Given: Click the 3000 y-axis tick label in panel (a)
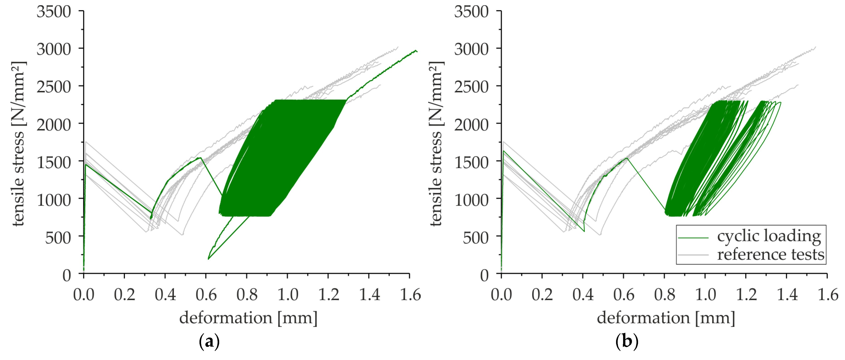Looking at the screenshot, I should [53, 49].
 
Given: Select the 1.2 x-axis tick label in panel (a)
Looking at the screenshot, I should [328, 294].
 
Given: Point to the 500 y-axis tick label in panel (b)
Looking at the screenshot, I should [475, 238].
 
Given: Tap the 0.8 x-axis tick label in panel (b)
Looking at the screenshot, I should [664, 294].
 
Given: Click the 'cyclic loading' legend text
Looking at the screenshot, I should [769, 236].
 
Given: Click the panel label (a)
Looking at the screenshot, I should [209, 342].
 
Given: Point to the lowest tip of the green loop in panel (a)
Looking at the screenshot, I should [208, 259].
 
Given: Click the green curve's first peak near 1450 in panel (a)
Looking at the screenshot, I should [86, 164].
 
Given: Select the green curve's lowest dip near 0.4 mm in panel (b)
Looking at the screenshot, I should [584, 231].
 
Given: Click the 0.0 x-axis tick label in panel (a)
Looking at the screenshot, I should [84, 294].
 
